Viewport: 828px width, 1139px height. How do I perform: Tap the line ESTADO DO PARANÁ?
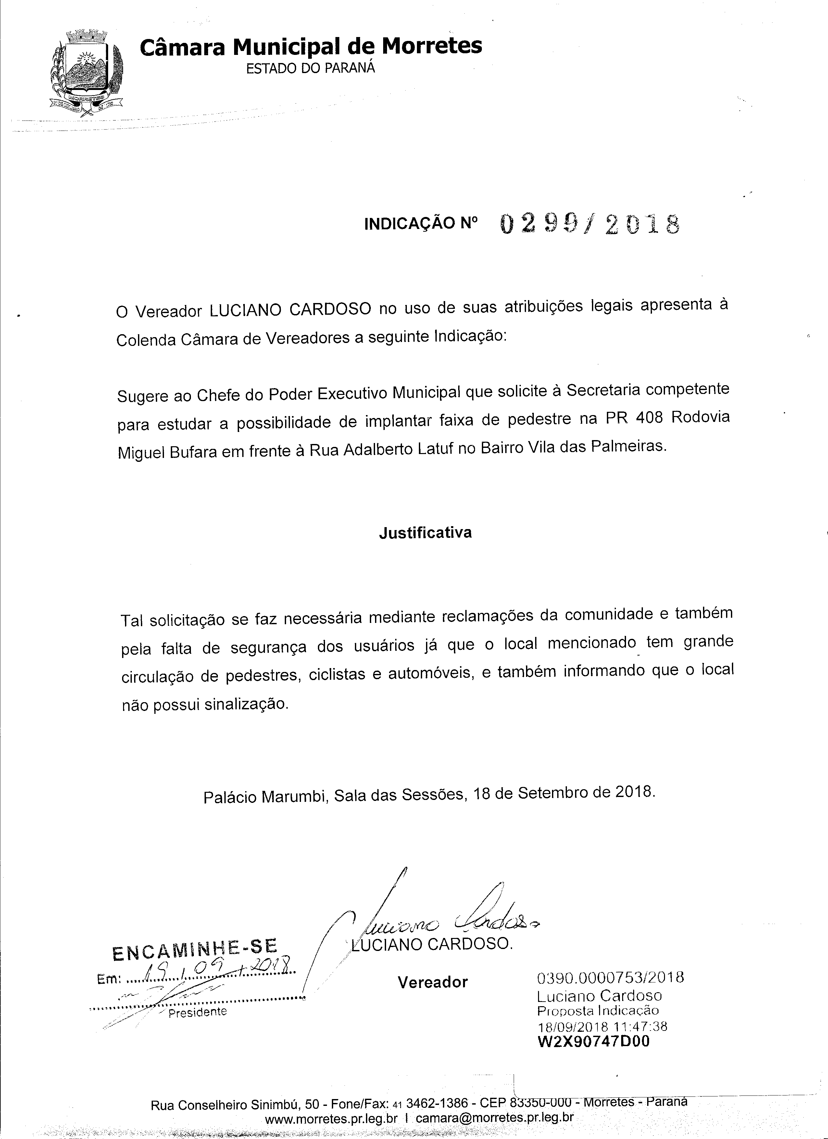pos(310,68)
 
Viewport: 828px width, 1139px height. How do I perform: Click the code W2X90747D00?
pos(593,1042)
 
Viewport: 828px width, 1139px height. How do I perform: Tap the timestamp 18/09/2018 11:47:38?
pos(602,1027)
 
